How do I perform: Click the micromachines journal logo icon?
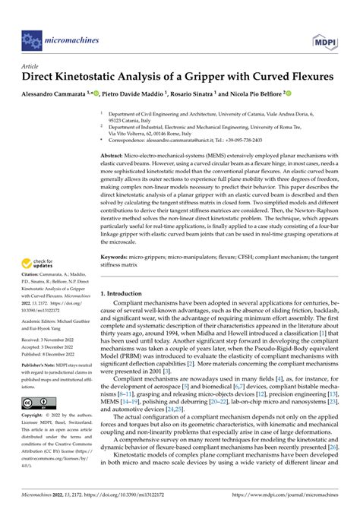click(x=30, y=38)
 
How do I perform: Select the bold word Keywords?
click(x=116, y=257)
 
